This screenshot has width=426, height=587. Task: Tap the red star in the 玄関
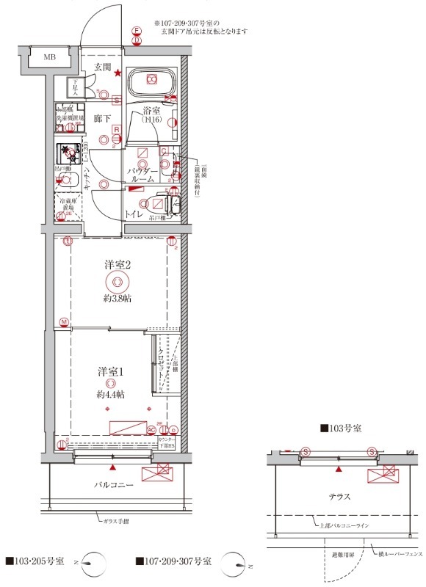116,72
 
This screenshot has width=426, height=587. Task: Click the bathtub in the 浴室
151,83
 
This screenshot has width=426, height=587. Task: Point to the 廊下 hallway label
102,117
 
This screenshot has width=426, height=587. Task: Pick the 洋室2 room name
117,266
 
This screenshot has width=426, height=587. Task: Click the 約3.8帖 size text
117,298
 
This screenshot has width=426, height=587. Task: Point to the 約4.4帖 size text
110,394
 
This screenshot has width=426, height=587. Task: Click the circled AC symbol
151,430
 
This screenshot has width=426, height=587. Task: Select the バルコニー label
112,486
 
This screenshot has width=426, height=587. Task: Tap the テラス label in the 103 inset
339,497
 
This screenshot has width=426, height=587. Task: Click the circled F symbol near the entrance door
136,31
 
